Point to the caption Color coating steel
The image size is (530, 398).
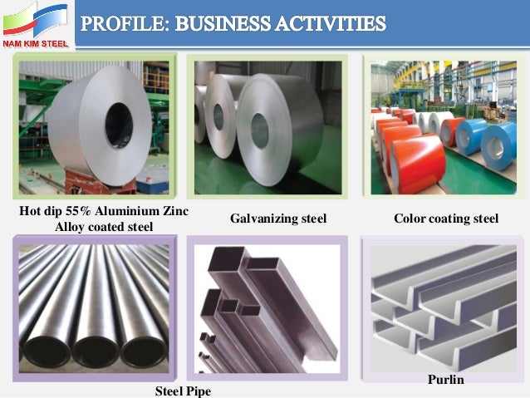446,219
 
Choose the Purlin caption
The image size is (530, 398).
446,380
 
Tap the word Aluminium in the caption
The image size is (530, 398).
125,211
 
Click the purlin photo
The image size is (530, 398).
444,304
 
